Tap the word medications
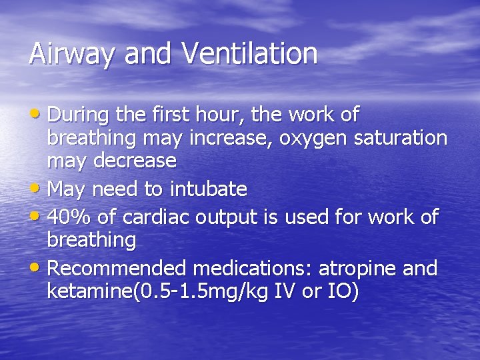point(253,269)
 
